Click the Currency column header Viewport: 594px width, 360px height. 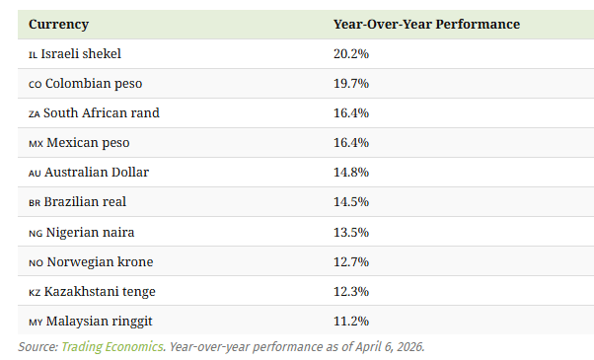point(59,25)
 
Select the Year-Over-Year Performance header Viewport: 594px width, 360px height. point(426,25)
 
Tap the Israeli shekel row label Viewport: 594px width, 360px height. point(81,54)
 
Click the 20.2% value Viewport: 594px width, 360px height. point(351,54)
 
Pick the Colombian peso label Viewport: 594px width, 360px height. point(94,83)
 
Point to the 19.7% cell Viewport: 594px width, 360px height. point(351,83)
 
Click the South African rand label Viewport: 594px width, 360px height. point(102,112)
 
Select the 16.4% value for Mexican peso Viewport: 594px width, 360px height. point(351,142)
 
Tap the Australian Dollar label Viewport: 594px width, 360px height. point(97,172)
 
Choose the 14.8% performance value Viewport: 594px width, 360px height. point(351,172)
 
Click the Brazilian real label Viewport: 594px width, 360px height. point(85,201)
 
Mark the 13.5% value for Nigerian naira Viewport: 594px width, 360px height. point(351,232)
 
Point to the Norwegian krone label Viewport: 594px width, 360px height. point(100,261)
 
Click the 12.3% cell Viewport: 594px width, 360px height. point(351,291)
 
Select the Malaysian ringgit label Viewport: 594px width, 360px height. point(100,321)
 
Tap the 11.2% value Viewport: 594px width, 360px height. point(351,321)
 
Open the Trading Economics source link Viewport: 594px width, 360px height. point(112,347)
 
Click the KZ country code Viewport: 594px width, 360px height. point(35,293)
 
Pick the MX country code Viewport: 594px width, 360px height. point(36,144)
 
